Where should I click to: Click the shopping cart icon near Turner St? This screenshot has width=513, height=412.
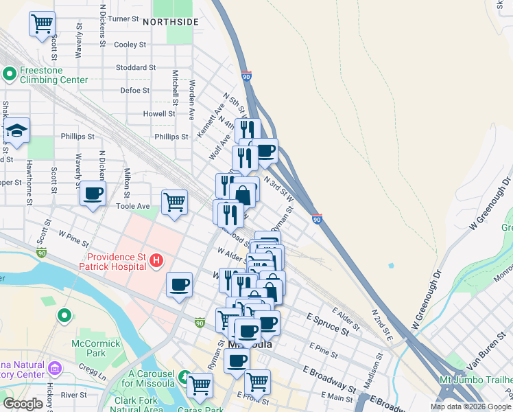(x=42, y=24)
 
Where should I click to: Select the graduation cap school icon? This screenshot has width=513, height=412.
(x=16, y=131)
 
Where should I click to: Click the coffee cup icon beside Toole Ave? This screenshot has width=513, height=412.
(x=93, y=192)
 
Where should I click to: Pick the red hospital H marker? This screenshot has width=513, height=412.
(x=156, y=260)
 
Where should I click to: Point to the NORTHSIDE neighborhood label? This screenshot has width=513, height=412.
(x=171, y=22)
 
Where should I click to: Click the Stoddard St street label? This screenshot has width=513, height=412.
(x=136, y=68)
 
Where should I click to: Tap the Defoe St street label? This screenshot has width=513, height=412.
(x=135, y=90)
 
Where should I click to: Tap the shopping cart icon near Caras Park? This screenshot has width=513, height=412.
(x=200, y=385)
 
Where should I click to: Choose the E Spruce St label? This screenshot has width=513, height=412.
(x=328, y=325)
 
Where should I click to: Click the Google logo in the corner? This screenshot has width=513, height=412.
(x=23, y=404)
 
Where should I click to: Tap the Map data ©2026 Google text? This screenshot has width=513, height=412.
(x=470, y=407)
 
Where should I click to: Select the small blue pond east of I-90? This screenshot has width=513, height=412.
(x=391, y=265)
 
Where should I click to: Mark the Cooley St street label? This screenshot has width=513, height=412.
(x=130, y=45)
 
